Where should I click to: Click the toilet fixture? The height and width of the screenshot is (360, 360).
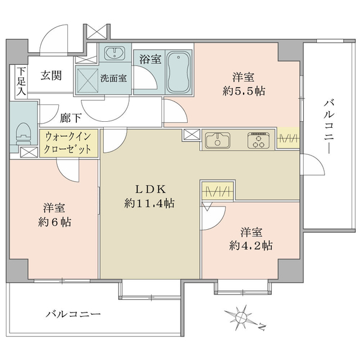click(23, 134)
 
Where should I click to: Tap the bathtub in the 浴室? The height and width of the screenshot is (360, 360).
click(179, 72)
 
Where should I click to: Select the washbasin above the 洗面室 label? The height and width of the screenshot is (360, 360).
click(115, 53)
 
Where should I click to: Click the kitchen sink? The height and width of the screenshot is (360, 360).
click(218, 140)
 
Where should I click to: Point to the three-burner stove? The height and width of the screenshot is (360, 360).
click(258, 140)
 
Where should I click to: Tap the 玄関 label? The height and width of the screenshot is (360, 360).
click(52, 76)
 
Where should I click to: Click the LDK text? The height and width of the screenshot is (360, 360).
click(150, 190)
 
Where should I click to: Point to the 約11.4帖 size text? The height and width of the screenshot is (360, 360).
click(149, 203)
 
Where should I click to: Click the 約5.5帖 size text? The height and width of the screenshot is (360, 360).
click(244, 91)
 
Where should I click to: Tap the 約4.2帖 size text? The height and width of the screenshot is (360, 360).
click(251, 246)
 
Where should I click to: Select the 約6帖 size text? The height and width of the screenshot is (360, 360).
click(55, 222)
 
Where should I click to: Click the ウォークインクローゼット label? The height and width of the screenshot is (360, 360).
click(68, 143)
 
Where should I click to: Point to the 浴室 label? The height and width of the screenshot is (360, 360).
click(151, 59)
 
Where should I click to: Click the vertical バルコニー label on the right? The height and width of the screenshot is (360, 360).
click(329, 127)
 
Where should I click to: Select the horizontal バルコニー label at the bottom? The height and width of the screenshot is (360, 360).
click(73, 313)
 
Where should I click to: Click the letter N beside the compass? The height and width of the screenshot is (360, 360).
click(262, 326)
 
